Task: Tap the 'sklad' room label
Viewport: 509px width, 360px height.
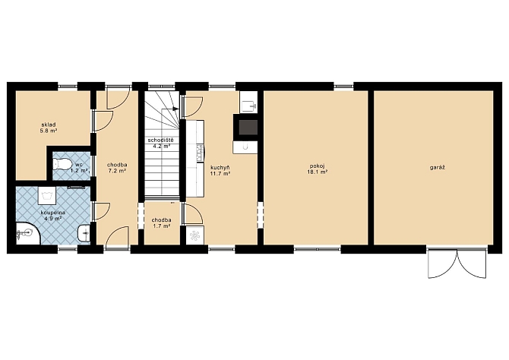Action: click(49, 125)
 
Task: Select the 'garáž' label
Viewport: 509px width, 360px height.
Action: click(435, 168)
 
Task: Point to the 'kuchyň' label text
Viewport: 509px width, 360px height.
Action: click(220, 168)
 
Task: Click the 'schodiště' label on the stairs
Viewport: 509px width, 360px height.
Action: click(161, 141)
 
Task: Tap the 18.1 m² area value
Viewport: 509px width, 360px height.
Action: click(317, 172)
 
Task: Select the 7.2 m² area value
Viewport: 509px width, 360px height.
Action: click(117, 170)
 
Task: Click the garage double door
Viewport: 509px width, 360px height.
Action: click(457, 264)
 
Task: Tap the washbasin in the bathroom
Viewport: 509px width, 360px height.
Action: click(84, 232)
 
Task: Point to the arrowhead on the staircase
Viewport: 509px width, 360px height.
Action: click(175, 109)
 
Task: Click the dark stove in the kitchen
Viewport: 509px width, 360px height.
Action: click(248, 128)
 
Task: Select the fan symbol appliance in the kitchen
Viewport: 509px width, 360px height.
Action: click(195, 235)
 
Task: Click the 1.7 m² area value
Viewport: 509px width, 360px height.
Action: click(162, 226)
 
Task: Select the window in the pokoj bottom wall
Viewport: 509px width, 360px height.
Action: click(318, 249)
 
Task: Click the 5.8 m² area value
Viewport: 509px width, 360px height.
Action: click(49, 131)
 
